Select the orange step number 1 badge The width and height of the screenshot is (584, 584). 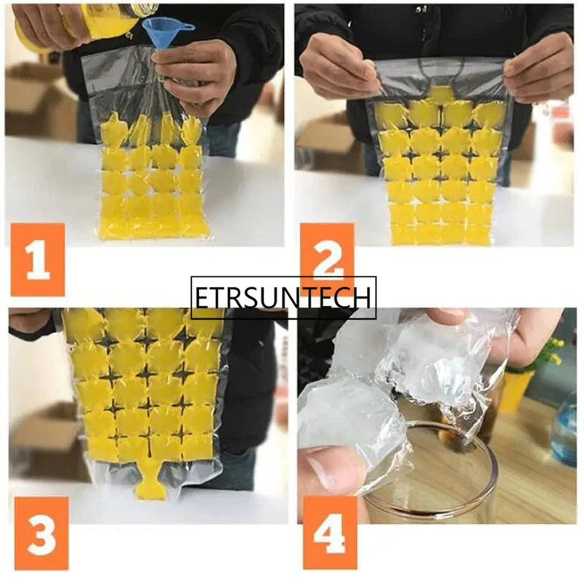[37, 260]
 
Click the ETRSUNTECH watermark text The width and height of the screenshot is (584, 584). [283, 297]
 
